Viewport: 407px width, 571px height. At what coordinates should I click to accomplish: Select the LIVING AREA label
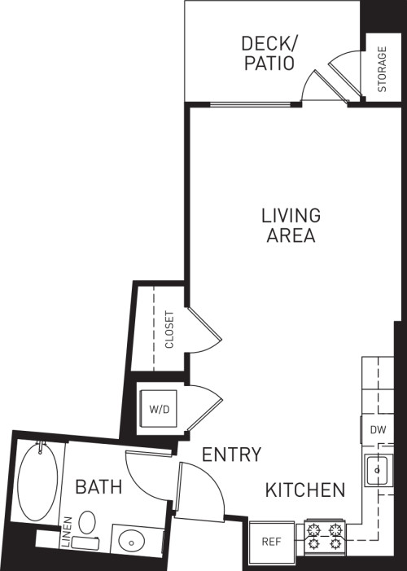[291, 226]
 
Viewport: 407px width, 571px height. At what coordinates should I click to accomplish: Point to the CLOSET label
[169, 330]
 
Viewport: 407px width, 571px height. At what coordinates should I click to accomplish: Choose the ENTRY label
[232, 455]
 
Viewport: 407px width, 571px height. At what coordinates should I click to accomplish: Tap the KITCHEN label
[304, 490]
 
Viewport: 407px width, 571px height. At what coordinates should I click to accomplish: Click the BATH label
[99, 487]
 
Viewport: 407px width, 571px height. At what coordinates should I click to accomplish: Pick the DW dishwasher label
[377, 429]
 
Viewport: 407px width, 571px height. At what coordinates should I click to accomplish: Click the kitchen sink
[376, 469]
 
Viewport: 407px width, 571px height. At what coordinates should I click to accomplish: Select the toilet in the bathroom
[85, 525]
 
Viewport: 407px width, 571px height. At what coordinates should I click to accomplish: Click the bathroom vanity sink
[130, 540]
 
